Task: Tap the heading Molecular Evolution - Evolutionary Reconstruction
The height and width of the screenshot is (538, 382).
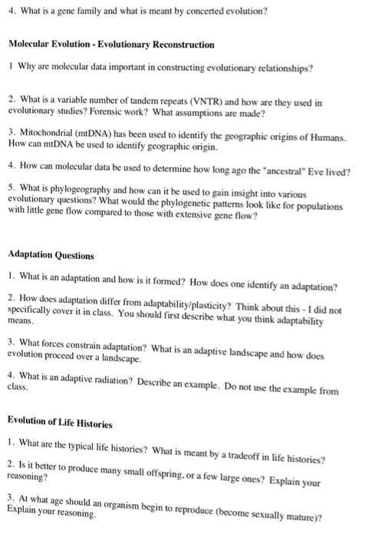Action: coord(111,45)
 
